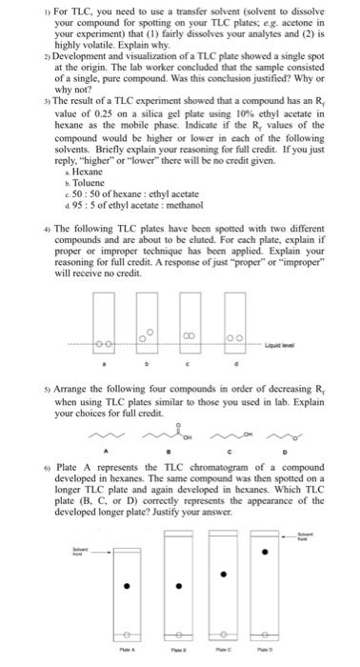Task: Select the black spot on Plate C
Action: (225, 574)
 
